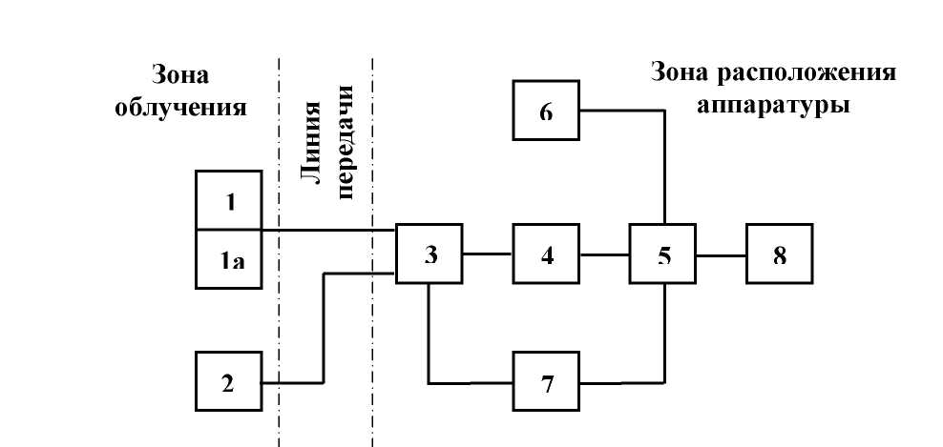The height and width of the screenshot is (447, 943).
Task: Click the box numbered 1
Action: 228,201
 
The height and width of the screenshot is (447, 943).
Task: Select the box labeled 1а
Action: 228,258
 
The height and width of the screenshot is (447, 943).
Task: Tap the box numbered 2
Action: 228,382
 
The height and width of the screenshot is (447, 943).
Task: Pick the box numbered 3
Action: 430,254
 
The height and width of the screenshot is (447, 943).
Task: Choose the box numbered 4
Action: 546,254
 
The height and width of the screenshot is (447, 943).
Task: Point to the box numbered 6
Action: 546,112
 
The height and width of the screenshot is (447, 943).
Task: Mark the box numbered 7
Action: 546,383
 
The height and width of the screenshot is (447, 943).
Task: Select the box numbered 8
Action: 780,254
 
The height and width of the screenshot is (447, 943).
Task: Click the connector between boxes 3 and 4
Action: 487,254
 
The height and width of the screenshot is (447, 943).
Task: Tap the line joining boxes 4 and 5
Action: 604,254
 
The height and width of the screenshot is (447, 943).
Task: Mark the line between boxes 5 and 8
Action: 721,254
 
